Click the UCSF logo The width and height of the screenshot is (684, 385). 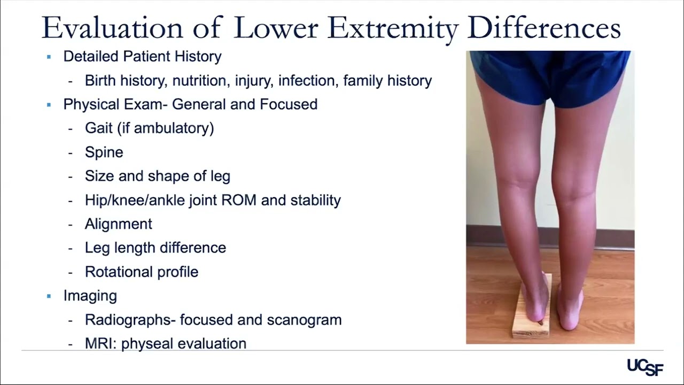point(645,367)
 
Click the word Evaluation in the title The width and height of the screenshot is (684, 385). point(113,28)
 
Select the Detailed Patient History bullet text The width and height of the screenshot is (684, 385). point(142,56)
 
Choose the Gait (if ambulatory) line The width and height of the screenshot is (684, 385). point(149,128)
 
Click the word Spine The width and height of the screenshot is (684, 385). point(104,152)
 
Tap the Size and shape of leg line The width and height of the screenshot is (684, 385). point(157,176)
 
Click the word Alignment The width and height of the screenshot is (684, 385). point(118,224)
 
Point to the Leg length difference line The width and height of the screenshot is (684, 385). point(155,248)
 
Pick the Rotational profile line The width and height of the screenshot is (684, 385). point(141,272)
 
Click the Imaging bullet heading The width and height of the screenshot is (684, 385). point(90,296)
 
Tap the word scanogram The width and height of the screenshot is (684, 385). point(304,320)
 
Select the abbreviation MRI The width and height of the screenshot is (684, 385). point(100,344)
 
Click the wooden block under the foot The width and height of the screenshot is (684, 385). point(531,327)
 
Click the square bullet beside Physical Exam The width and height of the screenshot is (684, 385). point(49,105)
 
